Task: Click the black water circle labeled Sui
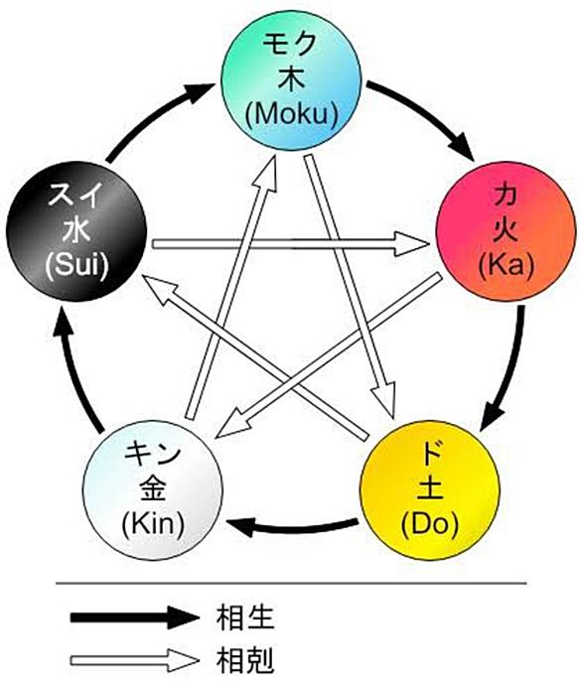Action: (x=76, y=231)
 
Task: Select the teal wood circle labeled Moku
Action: (x=291, y=80)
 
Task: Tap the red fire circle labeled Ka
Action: (x=507, y=231)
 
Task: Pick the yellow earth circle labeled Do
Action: (x=430, y=490)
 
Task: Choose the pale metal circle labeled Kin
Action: (x=153, y=490)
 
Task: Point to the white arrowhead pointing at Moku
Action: (x=266, y=174)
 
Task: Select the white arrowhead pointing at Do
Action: (x=385, y=399)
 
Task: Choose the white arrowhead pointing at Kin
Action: (x=232, y=424)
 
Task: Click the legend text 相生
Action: (x=245, y=617)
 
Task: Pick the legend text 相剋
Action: (x=245, y=660)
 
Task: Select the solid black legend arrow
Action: (x=135, y=617)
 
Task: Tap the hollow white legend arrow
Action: (x=135, y=660)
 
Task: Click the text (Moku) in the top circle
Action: (x=292, y=114)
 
